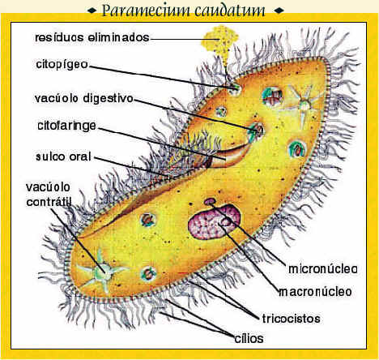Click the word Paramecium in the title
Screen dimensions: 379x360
click(146, 11)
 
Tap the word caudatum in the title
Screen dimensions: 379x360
click(229, 11)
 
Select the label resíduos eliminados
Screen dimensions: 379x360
click(92, 37)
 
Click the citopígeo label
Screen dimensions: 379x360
click(62, 65)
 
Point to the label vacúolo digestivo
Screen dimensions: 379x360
click(84, 99)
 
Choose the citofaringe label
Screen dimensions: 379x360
click(66, 126)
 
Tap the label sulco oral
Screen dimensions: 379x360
click(63, 157)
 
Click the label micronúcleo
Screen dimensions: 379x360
click(323, 269)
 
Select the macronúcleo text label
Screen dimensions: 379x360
click(315, 292)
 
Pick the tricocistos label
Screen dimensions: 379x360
click(292, 319)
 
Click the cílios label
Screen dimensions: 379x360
click(249, 338)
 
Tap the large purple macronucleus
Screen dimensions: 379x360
click(215, 222)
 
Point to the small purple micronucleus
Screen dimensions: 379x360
click(210, 201)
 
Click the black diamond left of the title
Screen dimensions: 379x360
click(92, 11)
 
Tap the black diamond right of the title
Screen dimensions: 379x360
click(279, 11)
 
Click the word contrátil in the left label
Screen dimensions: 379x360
click(49, 202)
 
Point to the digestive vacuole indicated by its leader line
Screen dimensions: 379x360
click(257, 131)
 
